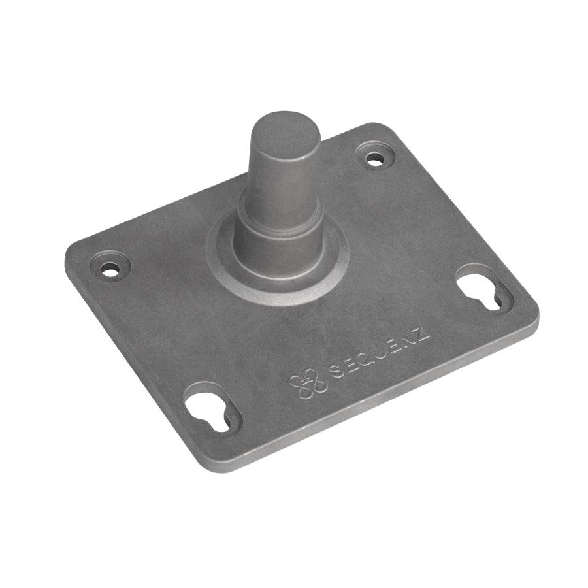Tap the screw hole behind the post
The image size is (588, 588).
pyautogui.click(x=375, y=157)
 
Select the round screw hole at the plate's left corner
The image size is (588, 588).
pyautogui.click(x=110, y=267)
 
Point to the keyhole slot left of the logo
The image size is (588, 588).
pyautogui.click(x=213, y=410)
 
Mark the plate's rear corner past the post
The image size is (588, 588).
pyautogui.click(x=385, y=129)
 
